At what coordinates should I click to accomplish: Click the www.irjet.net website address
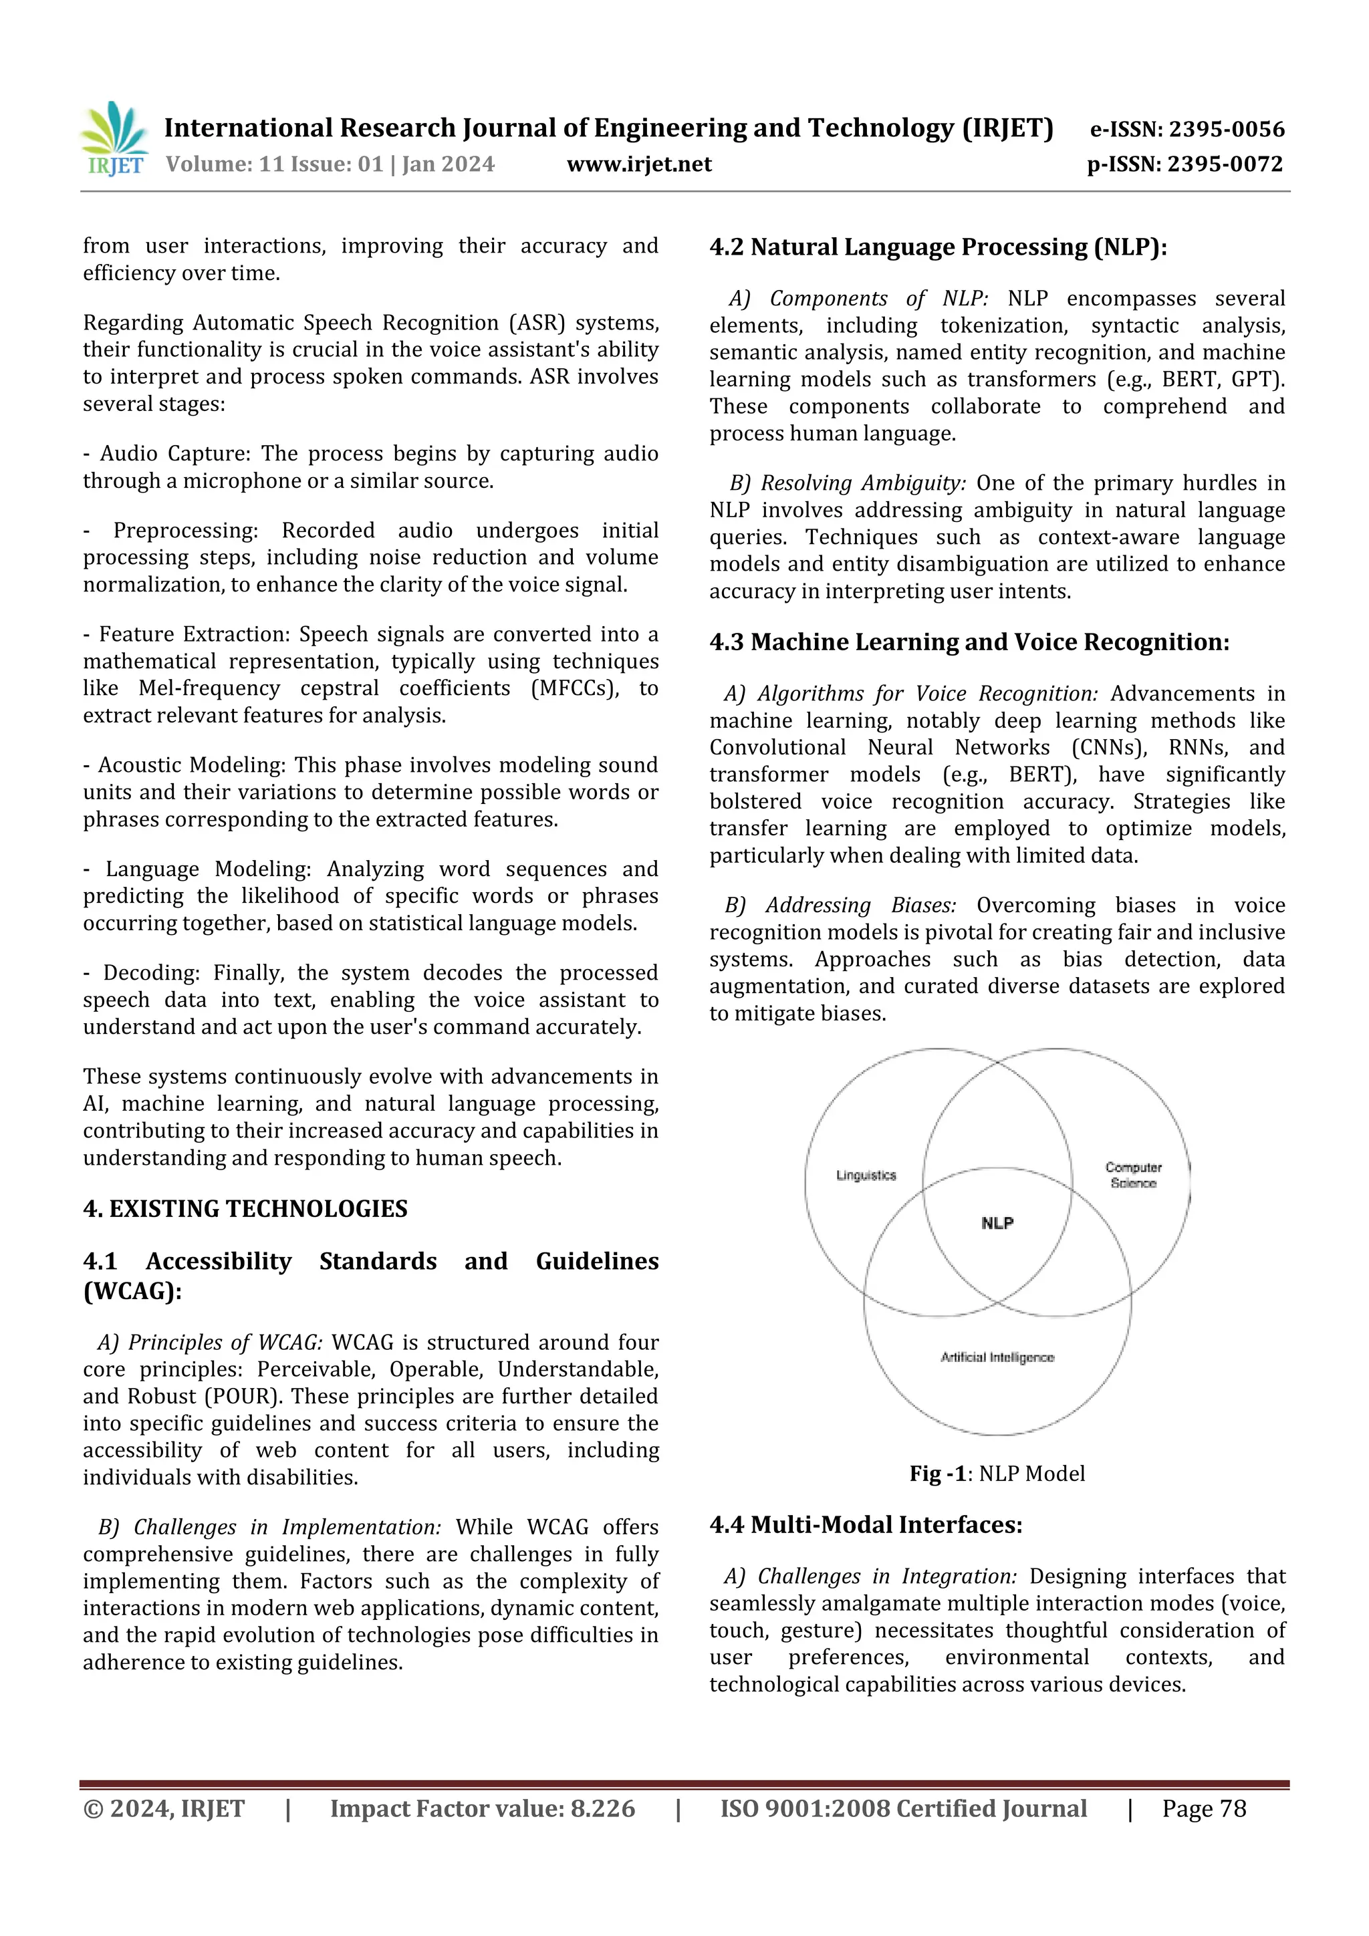point(638,164)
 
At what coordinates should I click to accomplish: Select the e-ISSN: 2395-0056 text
point(1186,129)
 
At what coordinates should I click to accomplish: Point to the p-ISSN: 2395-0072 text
point(1185,164)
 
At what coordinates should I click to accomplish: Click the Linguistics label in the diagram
point(866,1175)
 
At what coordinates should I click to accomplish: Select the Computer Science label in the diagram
point(1133,1175)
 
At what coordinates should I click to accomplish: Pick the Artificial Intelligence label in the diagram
point(997,1357)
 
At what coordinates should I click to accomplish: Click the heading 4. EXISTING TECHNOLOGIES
point(245,1208)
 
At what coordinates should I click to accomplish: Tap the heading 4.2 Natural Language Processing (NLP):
point(938,247)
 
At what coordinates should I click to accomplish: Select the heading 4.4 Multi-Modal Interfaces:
point(866,1524)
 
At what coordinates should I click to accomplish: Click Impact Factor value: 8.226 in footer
point(482,1808)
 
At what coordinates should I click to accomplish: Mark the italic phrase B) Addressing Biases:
point(840,905)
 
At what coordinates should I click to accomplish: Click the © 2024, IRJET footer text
point(164,1808)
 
